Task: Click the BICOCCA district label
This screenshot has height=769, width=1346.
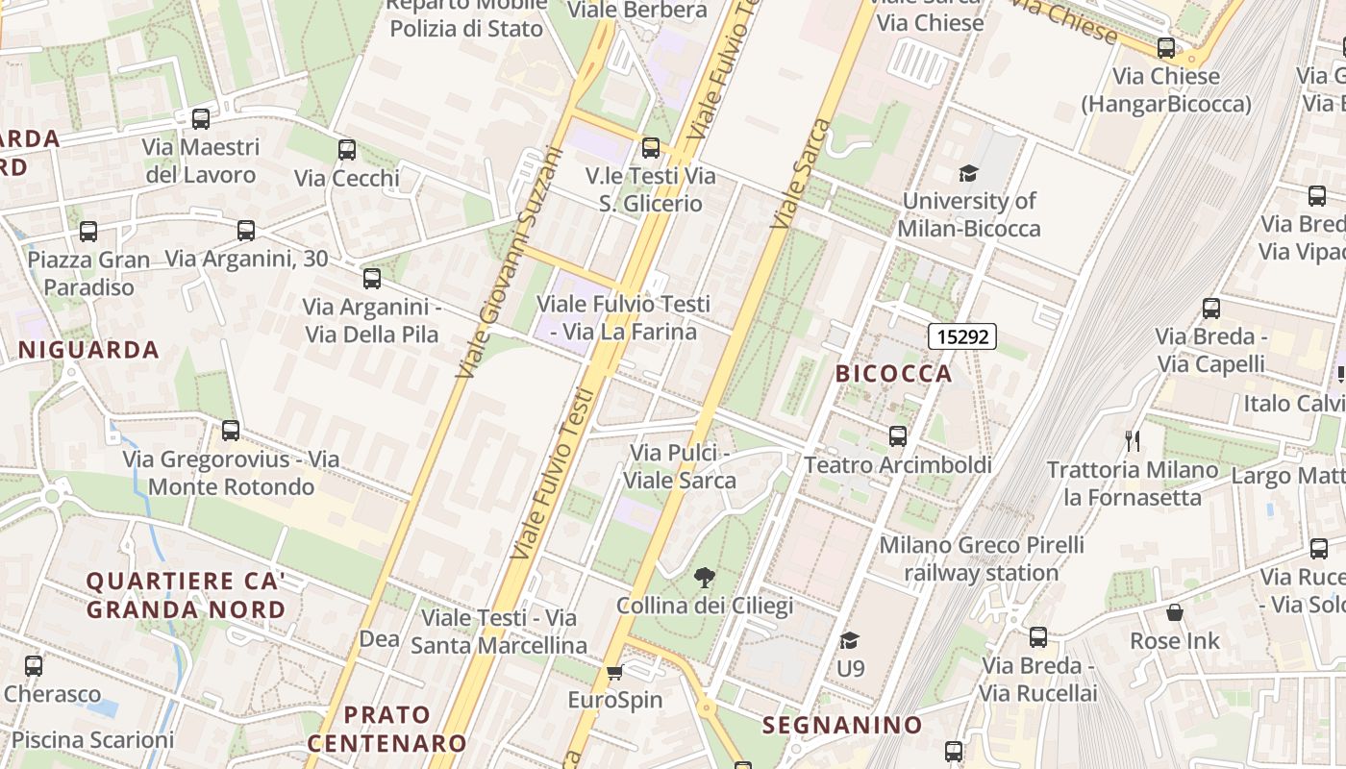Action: tap(893, 374)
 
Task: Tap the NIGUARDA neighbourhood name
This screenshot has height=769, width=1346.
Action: tap(88, 350)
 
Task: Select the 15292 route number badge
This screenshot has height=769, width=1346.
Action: tap(961, 336)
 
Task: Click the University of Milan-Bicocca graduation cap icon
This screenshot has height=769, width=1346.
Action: tap(968, 173)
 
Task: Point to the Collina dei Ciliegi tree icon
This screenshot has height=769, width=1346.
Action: tap(705, 578)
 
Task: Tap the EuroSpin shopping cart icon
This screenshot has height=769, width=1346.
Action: tap(615, 672)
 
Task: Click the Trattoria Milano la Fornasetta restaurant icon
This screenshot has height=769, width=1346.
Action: tap(1133, 441)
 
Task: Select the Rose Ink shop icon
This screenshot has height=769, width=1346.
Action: tap(1174, 612)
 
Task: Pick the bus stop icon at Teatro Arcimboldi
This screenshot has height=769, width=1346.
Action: tap(898, 436)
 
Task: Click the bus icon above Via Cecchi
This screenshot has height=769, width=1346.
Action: tap(347, 150)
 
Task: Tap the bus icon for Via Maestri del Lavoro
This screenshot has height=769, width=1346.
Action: tap(201, 119)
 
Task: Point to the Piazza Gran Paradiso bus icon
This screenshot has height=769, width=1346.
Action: tap(88, 232)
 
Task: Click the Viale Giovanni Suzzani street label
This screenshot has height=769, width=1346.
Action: tap(510, 260)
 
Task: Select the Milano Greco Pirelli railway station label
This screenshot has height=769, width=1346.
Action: tap(981, 558)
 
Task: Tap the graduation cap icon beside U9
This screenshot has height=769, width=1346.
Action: tap(849, 640)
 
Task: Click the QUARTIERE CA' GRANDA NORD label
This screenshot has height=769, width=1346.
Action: tap(186, 595)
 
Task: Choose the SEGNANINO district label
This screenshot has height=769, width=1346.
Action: tap(842, 726)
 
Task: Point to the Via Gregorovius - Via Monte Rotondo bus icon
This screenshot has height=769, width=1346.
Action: tap(231, 431)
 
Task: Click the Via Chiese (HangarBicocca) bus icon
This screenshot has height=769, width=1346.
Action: tap(1166, 47)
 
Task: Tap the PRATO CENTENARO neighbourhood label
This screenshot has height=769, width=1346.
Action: tap(386, 729)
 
